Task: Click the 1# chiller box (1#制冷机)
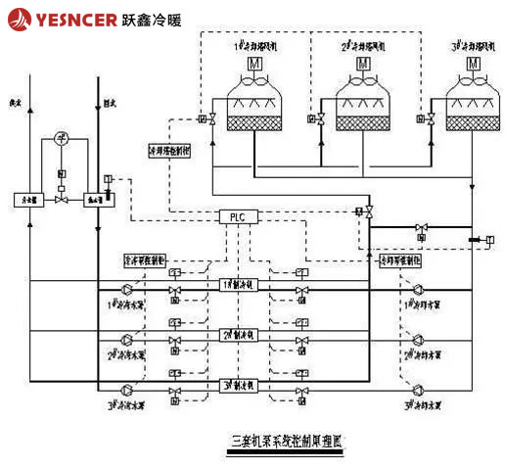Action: tap(238, 284)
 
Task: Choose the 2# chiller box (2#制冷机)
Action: tap(238, 335)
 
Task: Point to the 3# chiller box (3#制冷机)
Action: tap(238, 385)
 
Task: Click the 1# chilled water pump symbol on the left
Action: tap(125, 290)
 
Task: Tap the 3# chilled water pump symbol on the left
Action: tap(125, 390)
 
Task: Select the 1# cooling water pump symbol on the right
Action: tap(419, 290)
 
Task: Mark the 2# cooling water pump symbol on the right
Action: tap(419, 340)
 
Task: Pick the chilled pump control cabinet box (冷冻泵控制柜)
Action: tap(145, 261)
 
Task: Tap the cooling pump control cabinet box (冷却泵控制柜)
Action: tap(399, 261)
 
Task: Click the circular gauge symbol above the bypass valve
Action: tap(61, 138)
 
